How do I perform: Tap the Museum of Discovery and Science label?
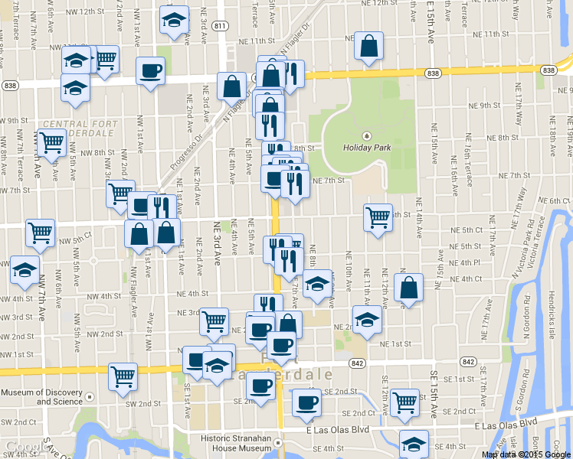pos(41,397)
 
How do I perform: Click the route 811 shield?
pos(220,26)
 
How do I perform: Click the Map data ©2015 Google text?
pos(526,454)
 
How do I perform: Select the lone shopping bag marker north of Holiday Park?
pos(369,47)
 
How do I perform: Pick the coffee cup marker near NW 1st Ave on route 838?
pos(150,71)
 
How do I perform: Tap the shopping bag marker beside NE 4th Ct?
pos(409,288)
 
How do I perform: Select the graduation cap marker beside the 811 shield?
pos(175,21)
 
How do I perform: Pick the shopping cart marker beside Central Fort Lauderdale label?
pos(51,142)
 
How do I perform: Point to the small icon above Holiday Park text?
pos(365,135)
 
